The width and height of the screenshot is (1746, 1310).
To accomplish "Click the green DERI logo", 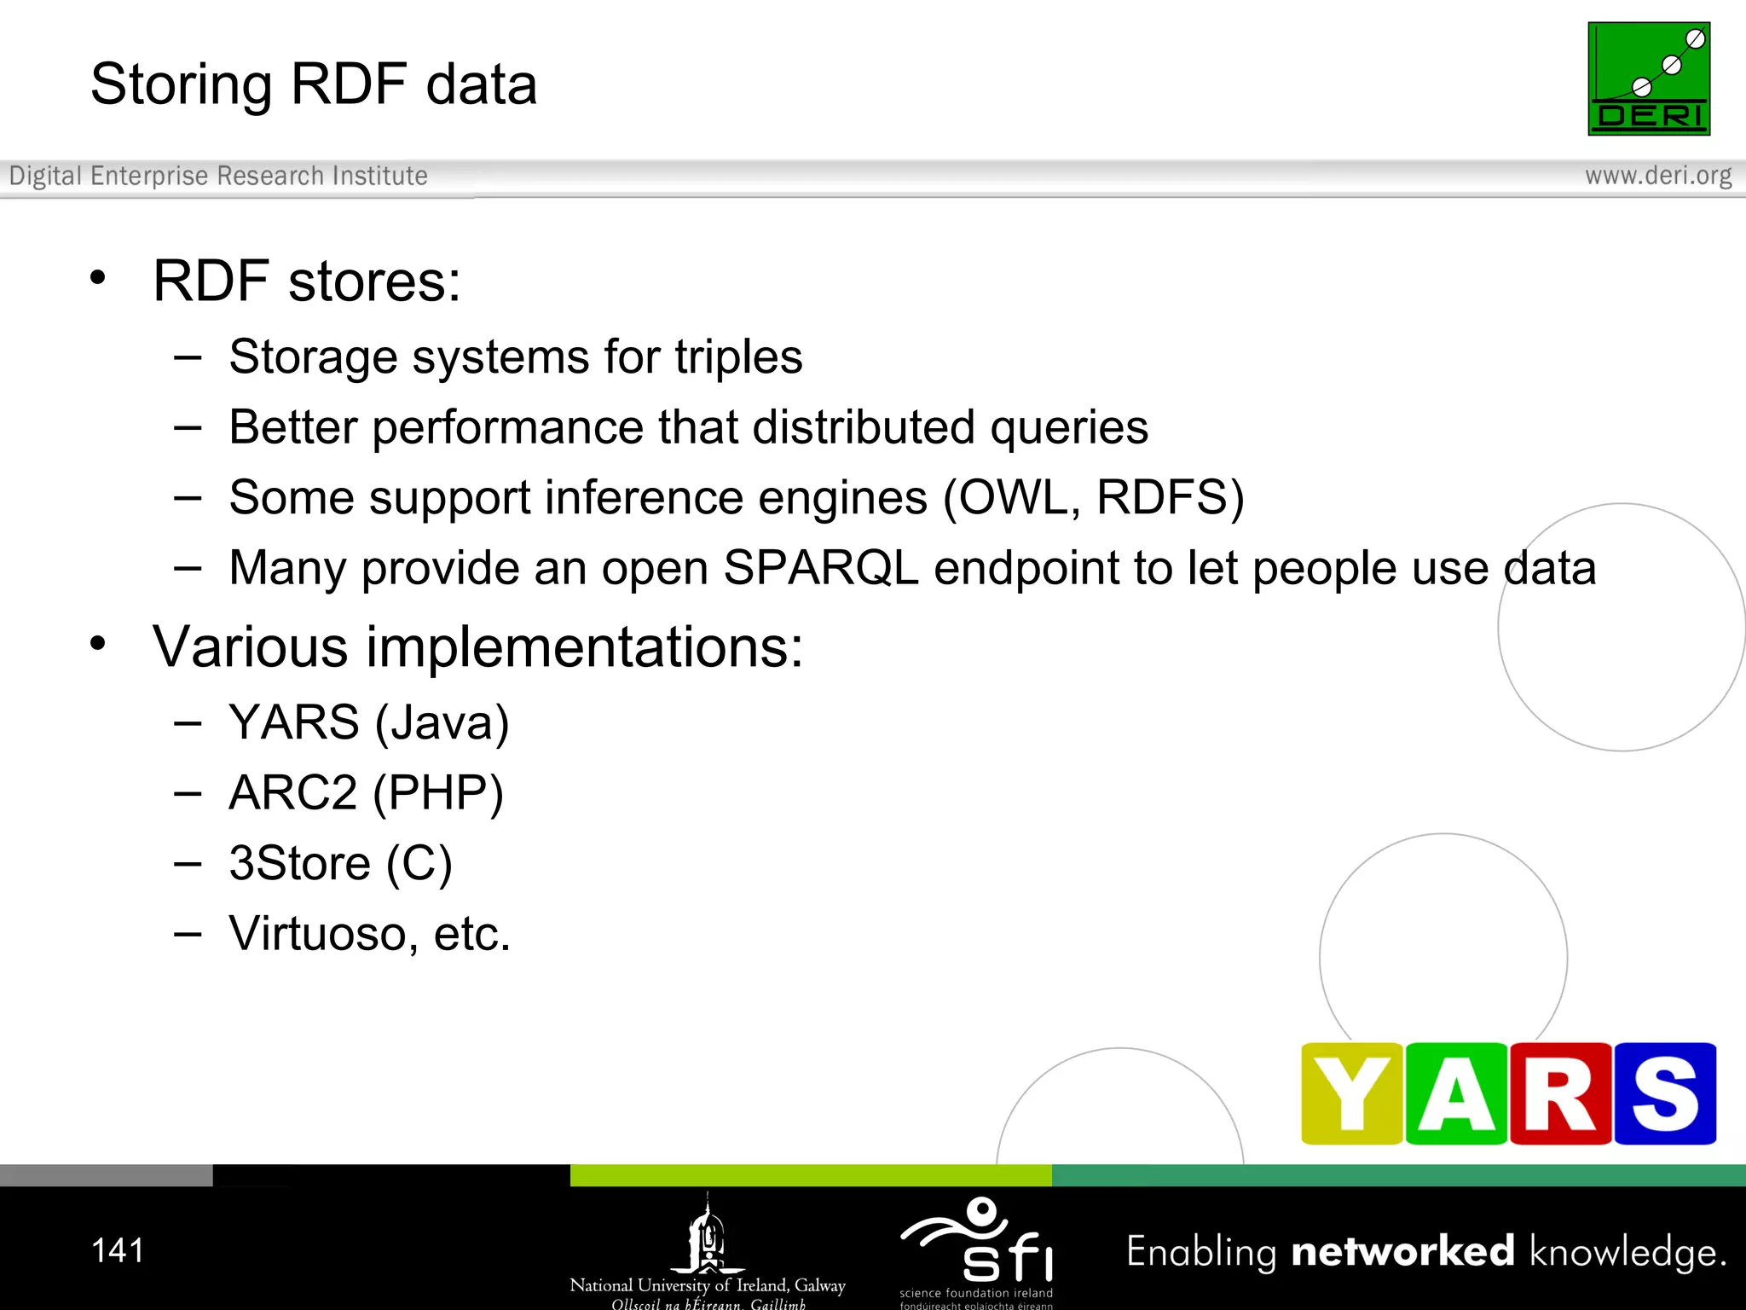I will coord(1648,78).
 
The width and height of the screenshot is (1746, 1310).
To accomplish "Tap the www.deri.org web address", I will coord(1657,176).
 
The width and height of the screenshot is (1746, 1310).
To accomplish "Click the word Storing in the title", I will coord(181,84).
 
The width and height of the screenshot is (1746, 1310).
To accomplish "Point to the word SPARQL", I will coord(820,568).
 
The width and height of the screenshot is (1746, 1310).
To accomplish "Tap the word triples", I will coord(738,356).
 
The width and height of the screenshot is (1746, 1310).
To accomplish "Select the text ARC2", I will coord(292,793).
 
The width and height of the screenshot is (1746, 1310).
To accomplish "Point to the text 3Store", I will coord(299,863).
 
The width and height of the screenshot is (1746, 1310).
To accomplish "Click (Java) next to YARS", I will coord(442,723).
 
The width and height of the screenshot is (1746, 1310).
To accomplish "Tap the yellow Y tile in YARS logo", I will coord(1351,1093).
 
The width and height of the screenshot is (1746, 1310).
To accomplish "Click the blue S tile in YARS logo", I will coord(1664,1093).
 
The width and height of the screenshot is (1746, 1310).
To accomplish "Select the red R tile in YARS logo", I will coord(1560,1093).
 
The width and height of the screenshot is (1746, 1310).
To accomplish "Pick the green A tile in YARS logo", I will coord(1456,1093).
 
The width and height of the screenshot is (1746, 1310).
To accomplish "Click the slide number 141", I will coord(118,1250).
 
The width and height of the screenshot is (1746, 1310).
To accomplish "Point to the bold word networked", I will coord(1402,1251).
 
